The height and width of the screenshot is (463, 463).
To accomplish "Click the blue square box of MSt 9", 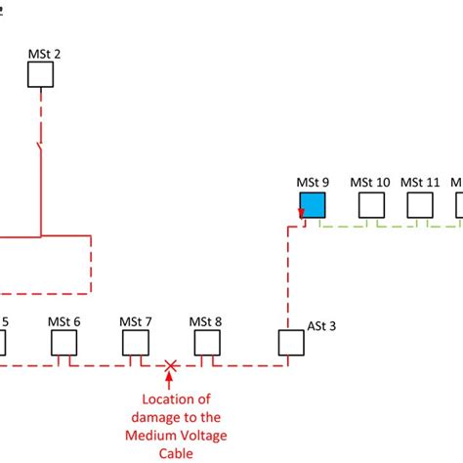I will pyautogui.click(x=312, y=205).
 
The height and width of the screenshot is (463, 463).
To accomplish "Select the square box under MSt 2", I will pyautogui.click(x=40, y=75).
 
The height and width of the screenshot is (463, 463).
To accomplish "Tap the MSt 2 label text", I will pyautogui.click(x=44, y=54).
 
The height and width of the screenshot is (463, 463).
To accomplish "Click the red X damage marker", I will pyautogui.click(x=171, y=367).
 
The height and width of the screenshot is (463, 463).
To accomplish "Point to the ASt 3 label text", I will pyautogui.click(x=321, y=326).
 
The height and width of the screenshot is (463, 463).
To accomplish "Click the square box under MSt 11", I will pyautogui.click(x=420, y=205).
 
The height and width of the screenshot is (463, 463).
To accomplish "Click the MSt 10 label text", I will pyautogui.click(x=370, y=183).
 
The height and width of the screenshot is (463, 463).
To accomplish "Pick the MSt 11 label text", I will pyautogui.click(x=421, y=183).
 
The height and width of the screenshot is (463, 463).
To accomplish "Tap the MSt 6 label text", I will pyautogui.click(x=64, y=321).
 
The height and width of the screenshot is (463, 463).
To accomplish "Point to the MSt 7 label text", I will pyautogui.click(x=136, y=321).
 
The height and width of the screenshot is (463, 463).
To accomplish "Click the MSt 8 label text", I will pyautogui.click(x=206, y=321).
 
